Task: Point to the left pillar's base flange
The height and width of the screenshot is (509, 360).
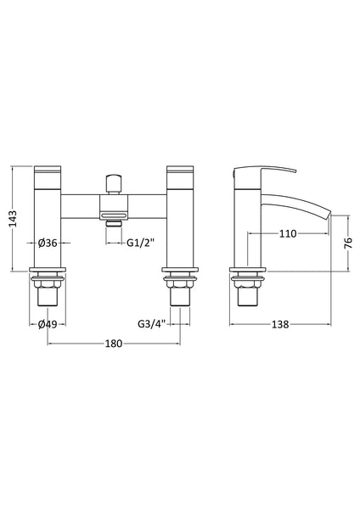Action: (47, 277)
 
